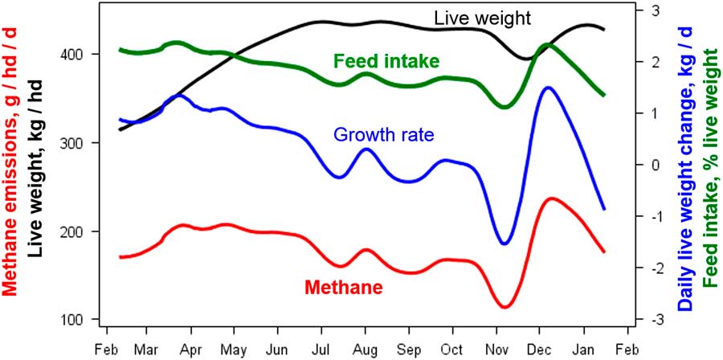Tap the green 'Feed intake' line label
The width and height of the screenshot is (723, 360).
386,61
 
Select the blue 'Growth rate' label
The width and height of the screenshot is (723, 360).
383,135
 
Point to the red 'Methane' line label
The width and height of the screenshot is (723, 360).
343,287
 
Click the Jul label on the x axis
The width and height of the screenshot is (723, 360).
321,351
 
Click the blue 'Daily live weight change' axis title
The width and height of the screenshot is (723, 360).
684,178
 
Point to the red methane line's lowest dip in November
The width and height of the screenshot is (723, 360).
504,307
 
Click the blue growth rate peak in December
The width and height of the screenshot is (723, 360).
549,88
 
